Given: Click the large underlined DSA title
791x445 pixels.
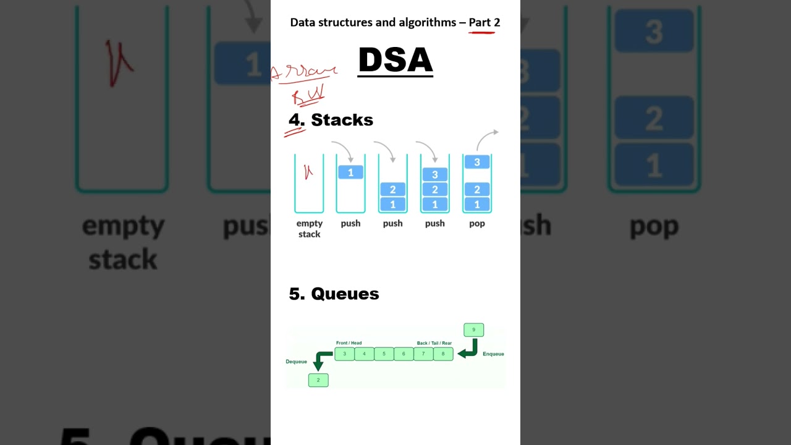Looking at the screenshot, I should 395,61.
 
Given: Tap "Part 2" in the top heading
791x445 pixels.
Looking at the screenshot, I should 484,22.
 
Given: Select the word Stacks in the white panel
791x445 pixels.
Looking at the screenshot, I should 342,120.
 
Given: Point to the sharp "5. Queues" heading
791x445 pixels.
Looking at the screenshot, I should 334,294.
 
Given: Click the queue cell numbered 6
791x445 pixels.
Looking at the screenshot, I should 404,354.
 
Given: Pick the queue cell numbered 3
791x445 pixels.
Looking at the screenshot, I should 344,354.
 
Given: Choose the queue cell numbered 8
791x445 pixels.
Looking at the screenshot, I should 443,354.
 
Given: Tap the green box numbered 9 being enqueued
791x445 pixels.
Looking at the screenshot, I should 474,330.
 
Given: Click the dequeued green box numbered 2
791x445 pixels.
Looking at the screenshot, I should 318,380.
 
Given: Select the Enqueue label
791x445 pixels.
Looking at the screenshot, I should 493,354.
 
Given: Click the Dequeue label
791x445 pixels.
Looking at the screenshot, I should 297,362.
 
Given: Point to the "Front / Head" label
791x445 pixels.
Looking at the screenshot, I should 349,343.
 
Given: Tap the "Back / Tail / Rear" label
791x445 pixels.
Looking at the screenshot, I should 434,343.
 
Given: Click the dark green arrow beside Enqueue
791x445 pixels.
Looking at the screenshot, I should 468,349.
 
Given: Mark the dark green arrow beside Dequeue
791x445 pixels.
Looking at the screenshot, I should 321,360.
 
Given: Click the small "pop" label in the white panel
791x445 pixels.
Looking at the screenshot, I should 477,223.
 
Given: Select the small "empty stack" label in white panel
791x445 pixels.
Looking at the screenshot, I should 309,229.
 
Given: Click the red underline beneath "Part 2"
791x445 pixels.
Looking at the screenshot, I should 482,32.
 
